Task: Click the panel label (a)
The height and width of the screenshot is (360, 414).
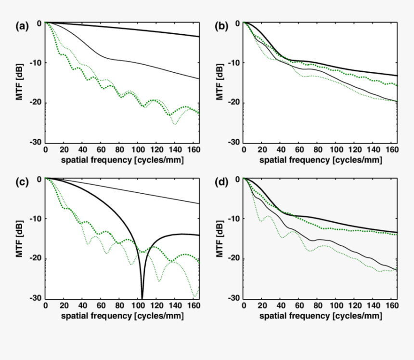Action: [x=22, y=27]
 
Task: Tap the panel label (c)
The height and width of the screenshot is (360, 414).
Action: [x=22, y=183]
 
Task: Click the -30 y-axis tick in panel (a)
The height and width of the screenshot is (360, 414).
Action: [x=37, y=143]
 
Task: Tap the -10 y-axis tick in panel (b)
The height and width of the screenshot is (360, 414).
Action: [x=235, y=63]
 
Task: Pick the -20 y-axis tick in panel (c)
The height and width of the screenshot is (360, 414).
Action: [x=37, y=259]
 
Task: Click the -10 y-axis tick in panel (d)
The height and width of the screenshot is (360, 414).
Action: [x=235, y=219]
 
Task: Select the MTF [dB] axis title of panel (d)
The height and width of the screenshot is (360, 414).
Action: [x=220, y=239]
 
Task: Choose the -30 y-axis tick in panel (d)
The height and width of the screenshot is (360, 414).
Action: [x=235, y=298]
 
